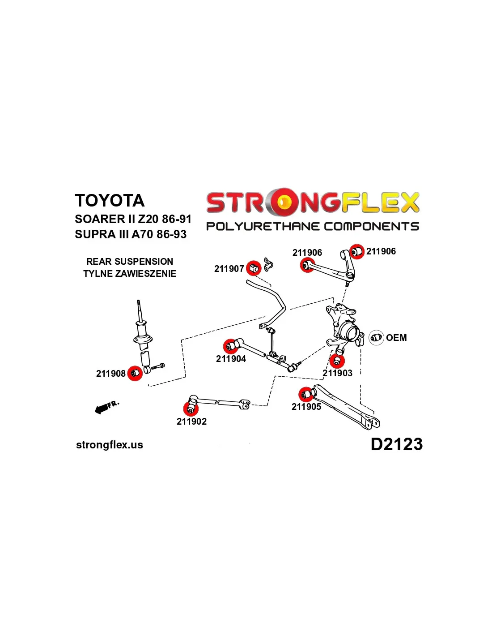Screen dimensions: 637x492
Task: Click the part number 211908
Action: (110, 374)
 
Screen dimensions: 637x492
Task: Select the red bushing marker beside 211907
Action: (254, 268)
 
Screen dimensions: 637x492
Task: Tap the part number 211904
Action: (231, 359)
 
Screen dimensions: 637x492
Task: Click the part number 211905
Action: (306, 407)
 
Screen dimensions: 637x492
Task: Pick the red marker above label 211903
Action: (337, 360)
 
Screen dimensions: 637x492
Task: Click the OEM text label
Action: (396, 338)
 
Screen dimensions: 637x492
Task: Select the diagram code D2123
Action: (396, 444)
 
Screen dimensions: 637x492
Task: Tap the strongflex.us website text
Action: (110, 445)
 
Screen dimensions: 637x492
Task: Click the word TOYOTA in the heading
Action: (110, 201)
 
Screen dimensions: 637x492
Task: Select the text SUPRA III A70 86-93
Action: (131, 234)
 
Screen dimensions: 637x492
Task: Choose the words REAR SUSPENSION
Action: (130, 262)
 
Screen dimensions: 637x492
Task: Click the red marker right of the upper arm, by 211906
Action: (356, 252)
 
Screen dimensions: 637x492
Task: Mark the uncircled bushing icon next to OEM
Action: (376, 337)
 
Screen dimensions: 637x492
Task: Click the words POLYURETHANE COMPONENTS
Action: (312, 226)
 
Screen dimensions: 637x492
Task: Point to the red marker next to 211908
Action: (135, 373)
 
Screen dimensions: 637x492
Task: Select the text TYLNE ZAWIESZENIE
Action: (130, 274)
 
